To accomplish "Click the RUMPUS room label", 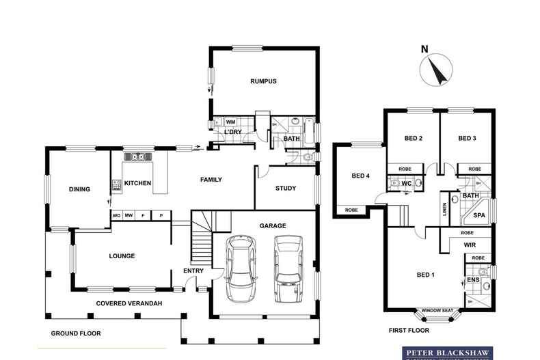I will [x=262, y=81].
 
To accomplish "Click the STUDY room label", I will [x=286, y=189].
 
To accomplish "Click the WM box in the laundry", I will [x=230, y=122].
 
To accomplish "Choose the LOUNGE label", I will [x=122, y=256].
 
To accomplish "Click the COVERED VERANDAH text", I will [x=129, y=303].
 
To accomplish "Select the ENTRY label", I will [x=193, y=271].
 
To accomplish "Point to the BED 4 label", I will [x=360, y=176].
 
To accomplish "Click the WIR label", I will [x=469, y=244].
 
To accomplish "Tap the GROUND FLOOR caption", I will [x=76, y=333].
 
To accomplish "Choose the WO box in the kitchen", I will [x=117, y=215].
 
